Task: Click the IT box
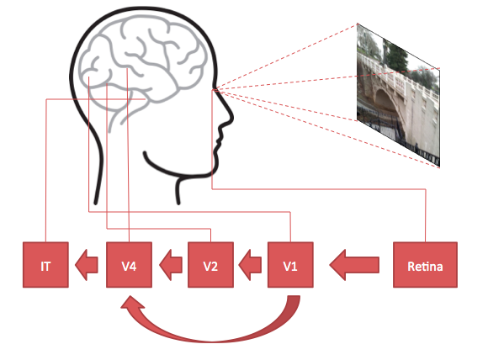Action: pyautogui.click(x=45, y=265)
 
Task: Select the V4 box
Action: pyautogui.click(x=130, y=265)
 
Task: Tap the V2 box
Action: pyautogui.click(x=210, y=265)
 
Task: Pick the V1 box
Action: pyautogui.click(x=290, y=265)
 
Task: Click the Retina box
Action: pyautogui.click(x=425, y=265)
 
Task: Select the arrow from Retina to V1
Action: pyautogui.click(x=354, y=265)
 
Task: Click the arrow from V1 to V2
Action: pyautogui.click(x=250, y=265)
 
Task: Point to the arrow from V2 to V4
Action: pyautogui.click(x=171, y=265)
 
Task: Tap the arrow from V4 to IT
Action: pyautogui.click(x=87, y=265)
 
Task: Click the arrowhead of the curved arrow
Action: pyautogui.click(x=131, y=304)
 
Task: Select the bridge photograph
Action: pyautogui.click(x=398, y=95)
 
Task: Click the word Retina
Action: pyautogui.click(x=425, y=267)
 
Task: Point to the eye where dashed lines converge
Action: pyautogui.click(x=214, y=90)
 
